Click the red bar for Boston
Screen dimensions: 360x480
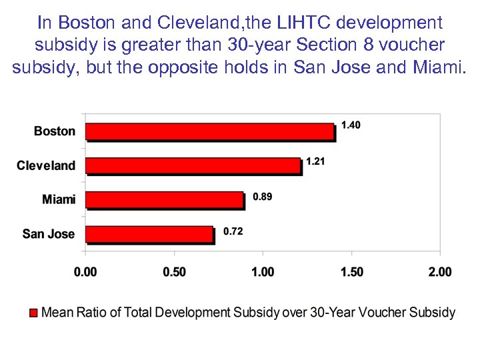pos(210,132)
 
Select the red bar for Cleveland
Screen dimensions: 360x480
pos(193,165)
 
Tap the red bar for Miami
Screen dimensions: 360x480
pos(165,199)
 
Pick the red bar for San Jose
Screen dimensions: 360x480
pos(149,234)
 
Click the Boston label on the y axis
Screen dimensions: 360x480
pos(55,131)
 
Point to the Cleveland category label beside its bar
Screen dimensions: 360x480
pos(46,165)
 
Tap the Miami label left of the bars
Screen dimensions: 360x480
pos(59,199)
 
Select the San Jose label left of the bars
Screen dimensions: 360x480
pos(49,234)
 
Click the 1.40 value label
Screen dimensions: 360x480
pos(351,125)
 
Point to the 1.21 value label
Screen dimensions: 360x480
pos(315,161)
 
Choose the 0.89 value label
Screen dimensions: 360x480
pos(262,197)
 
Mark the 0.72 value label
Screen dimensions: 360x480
pos(233,231)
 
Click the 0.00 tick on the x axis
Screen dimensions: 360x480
pos(85,272)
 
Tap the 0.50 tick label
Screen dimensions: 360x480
pos(174,272)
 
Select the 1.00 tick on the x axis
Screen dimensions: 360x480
pos(263,272)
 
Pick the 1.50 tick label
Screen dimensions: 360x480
pos(351,272)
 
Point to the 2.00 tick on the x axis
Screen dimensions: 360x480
pos(440,272)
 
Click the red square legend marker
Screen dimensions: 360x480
pos(33,312)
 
